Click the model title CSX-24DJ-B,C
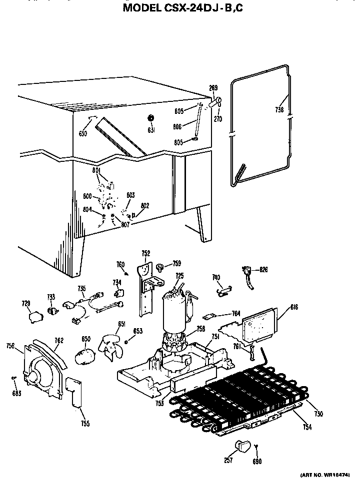pyautogui.click(x=179, y=7)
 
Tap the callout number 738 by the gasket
pyautogui.click(x=279, y=110)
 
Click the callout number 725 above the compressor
pyautogui.click(x=179, y=276)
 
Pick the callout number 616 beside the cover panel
pyautogui.click(x=293, y=307)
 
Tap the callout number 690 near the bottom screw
pyautogui.click(x=257, y=462)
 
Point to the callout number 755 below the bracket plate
pyautogui.click(x=85, y=424)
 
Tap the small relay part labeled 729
pyautogui.click(x=35, y=316)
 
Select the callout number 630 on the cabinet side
pyautogui.click(x=82, y=134)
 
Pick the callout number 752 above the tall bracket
pyautogui.click(x=145, y=253)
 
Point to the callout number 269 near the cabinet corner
pyautogui.click(x=213, y=88)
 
